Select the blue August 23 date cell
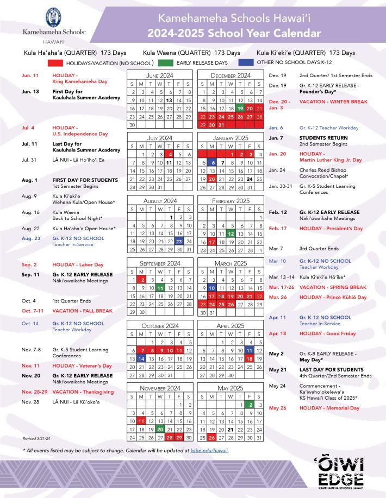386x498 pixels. tap(179, 241)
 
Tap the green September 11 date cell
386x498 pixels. tap(160, 288)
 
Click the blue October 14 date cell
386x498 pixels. tap(141, 359)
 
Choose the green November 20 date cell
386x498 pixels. tap(160, 429)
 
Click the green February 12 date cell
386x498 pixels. tap(231, 233)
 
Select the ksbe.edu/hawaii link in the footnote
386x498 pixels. tap(210, 450)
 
